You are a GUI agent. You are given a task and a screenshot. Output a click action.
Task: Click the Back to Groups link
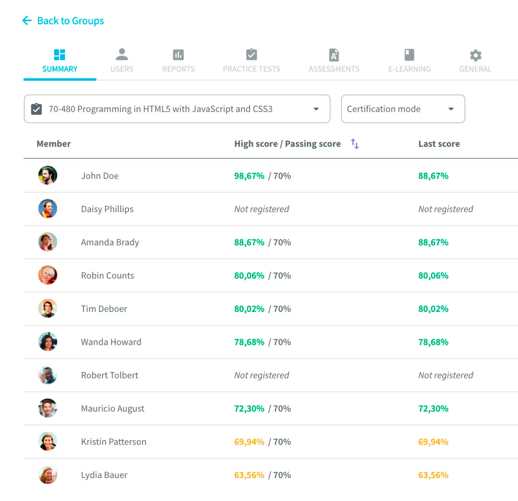pos(63,21)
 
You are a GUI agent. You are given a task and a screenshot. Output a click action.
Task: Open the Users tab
pos(122,61)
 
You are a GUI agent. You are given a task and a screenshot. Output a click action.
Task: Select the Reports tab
pos(178,61)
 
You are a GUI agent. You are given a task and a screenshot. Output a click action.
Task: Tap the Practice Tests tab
pos(251,61)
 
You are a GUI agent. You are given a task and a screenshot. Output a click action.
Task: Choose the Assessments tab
pos(334,61)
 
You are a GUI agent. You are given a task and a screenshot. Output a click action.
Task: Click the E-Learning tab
pos(409,61)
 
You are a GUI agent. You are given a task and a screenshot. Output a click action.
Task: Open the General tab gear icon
pos(475,56)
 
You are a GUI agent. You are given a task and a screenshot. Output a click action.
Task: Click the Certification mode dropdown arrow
pos(451,109)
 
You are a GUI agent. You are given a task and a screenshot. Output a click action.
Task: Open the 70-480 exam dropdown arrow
pos(316,109)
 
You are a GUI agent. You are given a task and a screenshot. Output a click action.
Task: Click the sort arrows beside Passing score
pos(355,144)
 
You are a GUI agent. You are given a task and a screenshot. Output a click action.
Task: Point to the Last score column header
pos(439,144)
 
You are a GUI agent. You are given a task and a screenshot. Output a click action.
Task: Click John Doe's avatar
pos(48,175)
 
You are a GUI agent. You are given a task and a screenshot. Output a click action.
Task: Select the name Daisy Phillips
pos(107,209)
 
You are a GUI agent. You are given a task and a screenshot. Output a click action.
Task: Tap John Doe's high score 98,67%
pos(249,176)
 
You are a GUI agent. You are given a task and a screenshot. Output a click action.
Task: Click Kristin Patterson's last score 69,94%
pos(433,442)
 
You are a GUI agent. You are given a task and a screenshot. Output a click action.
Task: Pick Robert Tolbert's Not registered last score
pos(446,375)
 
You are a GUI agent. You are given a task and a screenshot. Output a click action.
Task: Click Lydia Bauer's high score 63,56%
pos(249,475)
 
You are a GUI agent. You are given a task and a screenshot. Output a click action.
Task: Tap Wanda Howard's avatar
pos(48,342)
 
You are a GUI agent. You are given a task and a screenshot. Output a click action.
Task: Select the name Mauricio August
pos(113,409)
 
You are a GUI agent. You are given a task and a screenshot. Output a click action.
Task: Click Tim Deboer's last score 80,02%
pos(433,309)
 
